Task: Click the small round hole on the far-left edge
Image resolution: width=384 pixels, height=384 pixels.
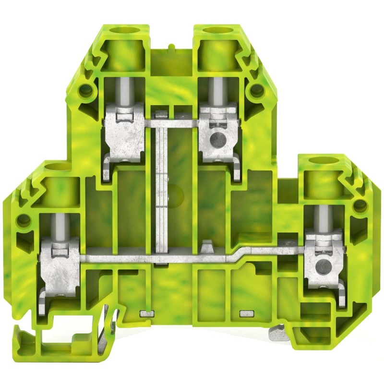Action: click(21, 221)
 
